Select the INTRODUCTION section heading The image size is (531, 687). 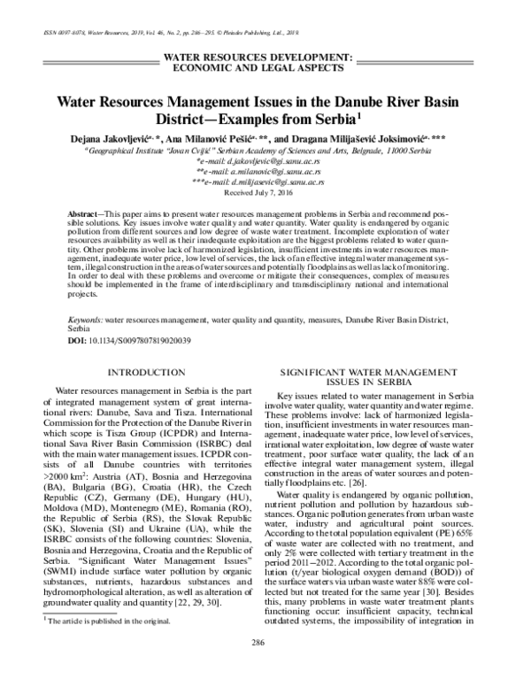tap(143, 373)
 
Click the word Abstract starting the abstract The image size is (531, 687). tap(86, 216)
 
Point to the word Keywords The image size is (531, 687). tap(86, 316)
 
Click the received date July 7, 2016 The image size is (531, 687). tap(265, 190)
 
